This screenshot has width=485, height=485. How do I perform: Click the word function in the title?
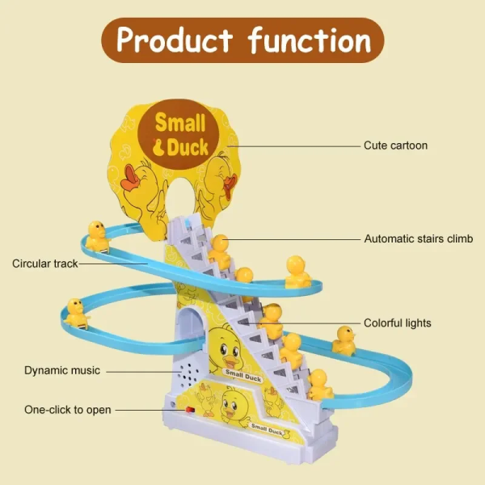tap(310, 40)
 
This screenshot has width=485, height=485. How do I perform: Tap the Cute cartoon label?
tap(395, 145)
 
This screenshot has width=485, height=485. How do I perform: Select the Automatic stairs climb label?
tap(418, 239)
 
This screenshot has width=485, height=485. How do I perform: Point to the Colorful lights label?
tap(397, 323)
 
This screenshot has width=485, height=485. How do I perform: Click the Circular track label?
tap(44, 264)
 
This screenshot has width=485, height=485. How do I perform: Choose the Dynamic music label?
tap(62, 370)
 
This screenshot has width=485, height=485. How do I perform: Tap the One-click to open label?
tap(68, 410)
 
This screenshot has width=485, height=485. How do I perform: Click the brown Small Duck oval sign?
tap(181, 134)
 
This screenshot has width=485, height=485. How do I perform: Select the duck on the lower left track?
tap(77, 313)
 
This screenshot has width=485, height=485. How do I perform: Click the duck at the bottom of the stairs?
tap(320, 384)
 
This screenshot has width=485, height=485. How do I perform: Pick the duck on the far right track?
tap(345, 340)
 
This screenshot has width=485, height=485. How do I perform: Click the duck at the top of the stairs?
tap(218, 248)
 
